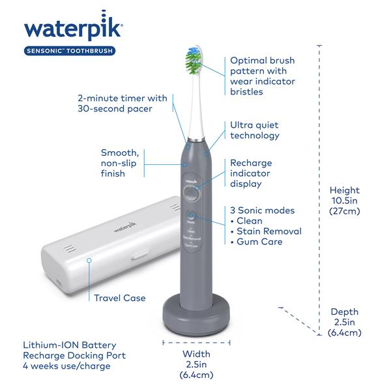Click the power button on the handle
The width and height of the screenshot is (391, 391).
point(190,194)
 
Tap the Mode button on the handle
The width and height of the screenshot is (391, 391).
point(191,215)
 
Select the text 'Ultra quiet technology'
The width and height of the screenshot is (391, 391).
point(255,130)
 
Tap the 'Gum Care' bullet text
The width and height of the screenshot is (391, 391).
point(260,242)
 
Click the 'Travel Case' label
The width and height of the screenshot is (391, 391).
point(119,298)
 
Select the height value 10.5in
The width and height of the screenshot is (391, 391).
point(344,200)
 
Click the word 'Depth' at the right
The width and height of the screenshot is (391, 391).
point(344,312)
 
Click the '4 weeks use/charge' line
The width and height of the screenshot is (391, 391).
point(65,366)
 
